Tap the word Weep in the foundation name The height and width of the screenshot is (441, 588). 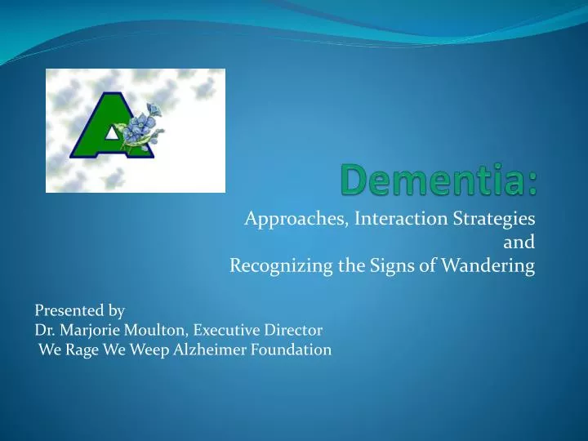pyautogui.click(x=149, y=350)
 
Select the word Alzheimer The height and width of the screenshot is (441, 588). pyautogui.click(x=212, y=350)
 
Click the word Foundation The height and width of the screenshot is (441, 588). pyautogui.click(x=292, y=350)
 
